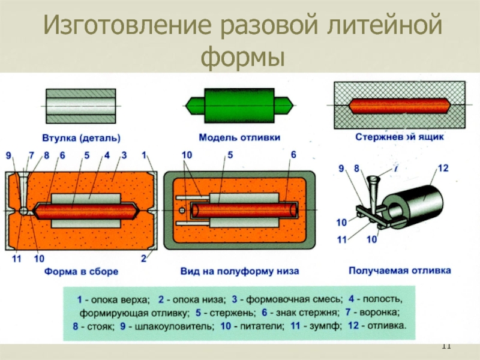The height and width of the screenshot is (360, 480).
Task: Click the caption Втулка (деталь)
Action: point(80,137)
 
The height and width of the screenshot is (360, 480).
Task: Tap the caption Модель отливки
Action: point(239,137)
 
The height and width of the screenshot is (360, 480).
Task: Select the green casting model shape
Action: point(239,103)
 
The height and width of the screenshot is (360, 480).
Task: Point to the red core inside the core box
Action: point(399,106)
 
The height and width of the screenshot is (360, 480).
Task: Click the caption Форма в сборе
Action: point(80,271)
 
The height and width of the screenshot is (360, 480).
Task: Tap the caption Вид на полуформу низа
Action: point(239,271)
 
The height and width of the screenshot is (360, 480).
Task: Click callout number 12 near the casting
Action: point(443,169)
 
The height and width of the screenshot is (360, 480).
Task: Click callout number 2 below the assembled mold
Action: point(143,259)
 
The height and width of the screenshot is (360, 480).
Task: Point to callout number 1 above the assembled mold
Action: point(144,155)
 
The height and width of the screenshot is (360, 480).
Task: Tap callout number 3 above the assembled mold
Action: point(123,155)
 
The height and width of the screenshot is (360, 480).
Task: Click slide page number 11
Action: point(446,346)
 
